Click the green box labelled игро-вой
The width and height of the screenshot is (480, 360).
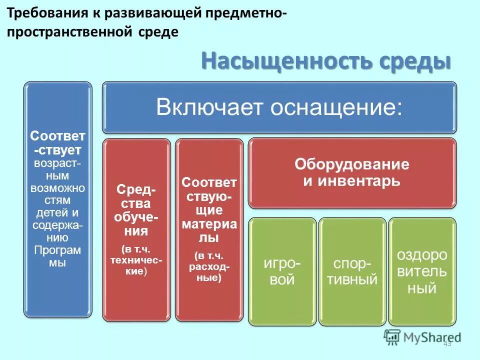tap(282, 271)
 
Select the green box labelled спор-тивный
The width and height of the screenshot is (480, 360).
tap(352, 271)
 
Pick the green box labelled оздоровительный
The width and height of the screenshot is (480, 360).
tap(422, 271)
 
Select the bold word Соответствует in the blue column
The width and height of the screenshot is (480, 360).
tap(57, 143)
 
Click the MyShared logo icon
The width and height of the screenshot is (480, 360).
tap(392, 336)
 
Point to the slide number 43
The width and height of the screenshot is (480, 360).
tap(447, 343)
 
